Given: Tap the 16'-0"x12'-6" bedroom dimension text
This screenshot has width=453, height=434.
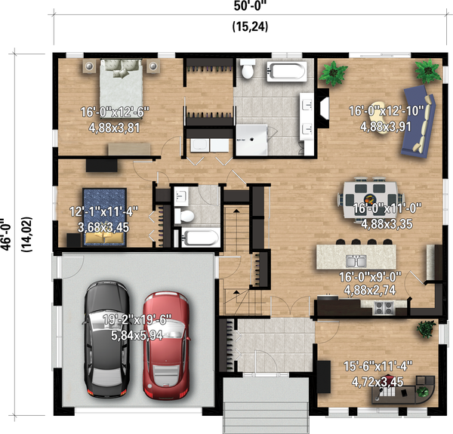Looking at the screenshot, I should (x=115, y=112).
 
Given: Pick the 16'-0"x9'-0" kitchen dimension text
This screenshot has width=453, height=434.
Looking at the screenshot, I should (x=375, y=277).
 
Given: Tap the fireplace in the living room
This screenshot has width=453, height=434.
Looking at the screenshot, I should (x=322, y=109).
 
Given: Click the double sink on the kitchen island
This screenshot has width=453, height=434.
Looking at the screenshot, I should (x=356, y=261).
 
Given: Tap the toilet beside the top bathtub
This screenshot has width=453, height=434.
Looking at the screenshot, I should (x=246, y=72).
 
